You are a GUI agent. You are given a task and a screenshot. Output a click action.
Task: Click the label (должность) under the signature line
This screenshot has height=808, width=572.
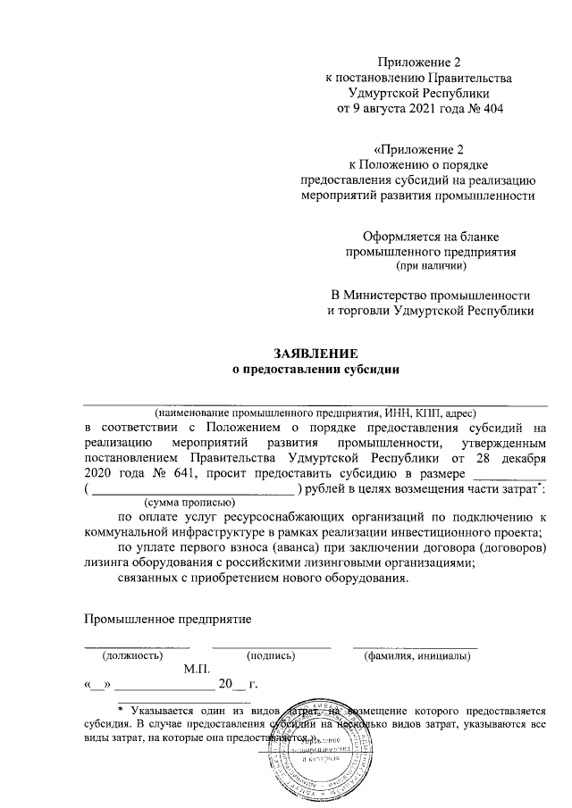tap(126, 655)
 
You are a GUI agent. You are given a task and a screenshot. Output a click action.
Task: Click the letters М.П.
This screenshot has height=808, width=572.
tap(196, 669)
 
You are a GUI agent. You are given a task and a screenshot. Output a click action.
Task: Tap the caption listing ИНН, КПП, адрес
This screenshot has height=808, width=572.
tap(316, 412)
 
